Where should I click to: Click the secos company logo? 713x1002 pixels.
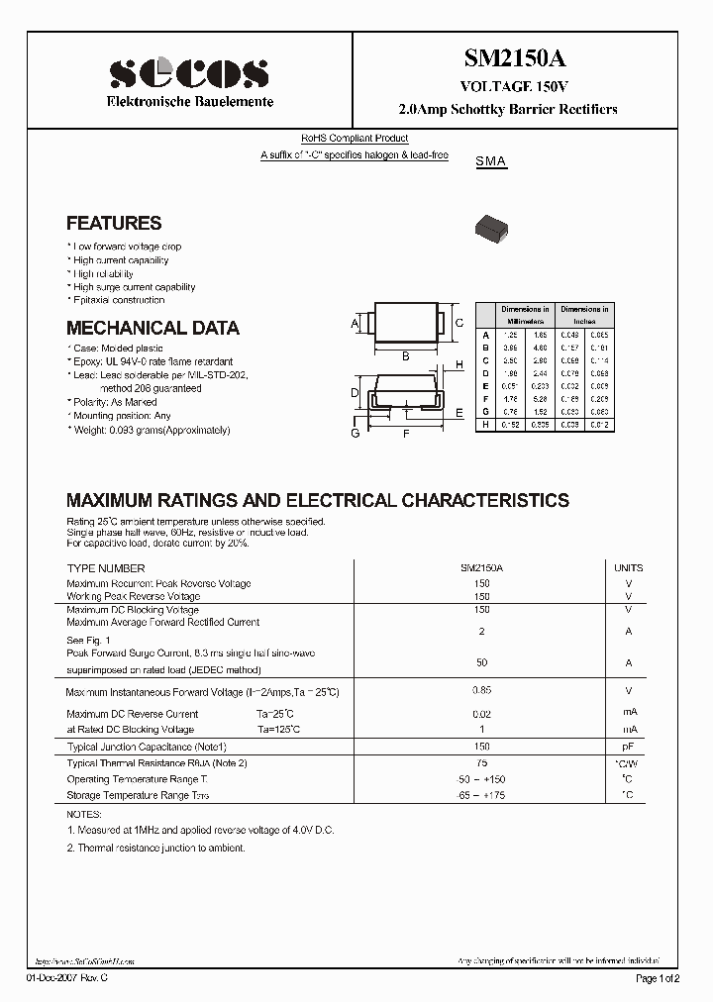[188, 72]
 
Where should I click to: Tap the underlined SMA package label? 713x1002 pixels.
[491, 161]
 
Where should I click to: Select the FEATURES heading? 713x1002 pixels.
[114, 224]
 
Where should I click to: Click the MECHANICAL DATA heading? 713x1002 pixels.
[153, 328]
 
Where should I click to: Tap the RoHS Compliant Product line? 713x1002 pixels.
[355, 139]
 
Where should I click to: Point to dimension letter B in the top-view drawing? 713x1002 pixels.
[406, 356]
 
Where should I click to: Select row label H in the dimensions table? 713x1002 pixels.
[485, 425]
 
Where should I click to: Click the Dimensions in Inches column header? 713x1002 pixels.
[584, 315]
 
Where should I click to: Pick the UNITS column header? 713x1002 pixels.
[628, 568]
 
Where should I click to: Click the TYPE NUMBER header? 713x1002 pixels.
[106, 568]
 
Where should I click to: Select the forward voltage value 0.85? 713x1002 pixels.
[482, 690]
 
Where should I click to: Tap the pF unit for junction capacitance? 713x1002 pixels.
[628, 746]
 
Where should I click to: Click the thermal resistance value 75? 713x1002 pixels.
[482, 763]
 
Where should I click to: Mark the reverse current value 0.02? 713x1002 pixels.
[482, 713]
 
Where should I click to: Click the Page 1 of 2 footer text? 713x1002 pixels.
[657, 978]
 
